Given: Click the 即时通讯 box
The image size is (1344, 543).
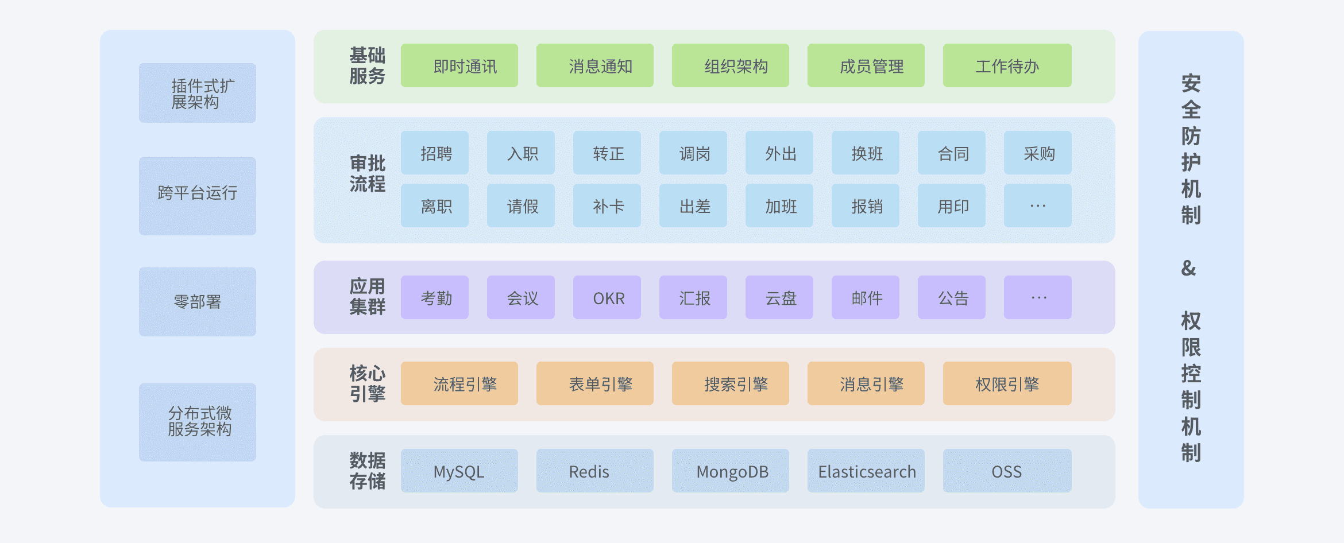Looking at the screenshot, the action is click(x=459, y=65).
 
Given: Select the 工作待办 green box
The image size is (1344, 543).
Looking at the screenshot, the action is click(x=1007, y=65).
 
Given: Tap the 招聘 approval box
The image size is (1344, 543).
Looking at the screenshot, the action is click(x=435, y=153).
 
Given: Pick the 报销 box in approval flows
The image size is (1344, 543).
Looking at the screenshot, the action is click(x=866, y=205).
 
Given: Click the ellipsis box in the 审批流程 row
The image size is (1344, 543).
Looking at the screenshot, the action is click(x=1038, y=205).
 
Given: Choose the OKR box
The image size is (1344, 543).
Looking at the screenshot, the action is click(x=607, y=297).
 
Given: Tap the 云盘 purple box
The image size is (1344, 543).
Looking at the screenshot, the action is click(x=779, y=297).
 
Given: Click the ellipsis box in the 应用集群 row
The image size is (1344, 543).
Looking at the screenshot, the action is click(x=1038, y=297).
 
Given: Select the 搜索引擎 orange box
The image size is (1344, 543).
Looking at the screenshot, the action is click(x=731, y=383).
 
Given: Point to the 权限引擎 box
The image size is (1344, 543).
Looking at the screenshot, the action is click(x=1007, y=383).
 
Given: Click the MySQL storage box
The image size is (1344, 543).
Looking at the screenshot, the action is click(x=459, y=471).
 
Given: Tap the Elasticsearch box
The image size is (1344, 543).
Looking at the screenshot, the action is click(x=866, y=471).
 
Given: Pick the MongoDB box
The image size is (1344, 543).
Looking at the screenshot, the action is click(x=731, y=471).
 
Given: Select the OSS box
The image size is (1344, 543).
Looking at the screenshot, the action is click(x=1007, y=471).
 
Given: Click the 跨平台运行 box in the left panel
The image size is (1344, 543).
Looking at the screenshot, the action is click(x=198, y=196).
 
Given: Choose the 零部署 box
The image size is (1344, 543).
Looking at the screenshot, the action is click(x=198, y=302).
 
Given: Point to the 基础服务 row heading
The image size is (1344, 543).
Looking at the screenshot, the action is click(x=368, y=66).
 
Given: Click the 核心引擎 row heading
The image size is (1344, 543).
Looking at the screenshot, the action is click(x=368, y=384).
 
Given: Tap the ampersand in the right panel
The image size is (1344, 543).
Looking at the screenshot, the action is click(x=1189, y=268).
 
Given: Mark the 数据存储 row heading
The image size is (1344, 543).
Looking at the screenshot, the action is click(x=368, y=471).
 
